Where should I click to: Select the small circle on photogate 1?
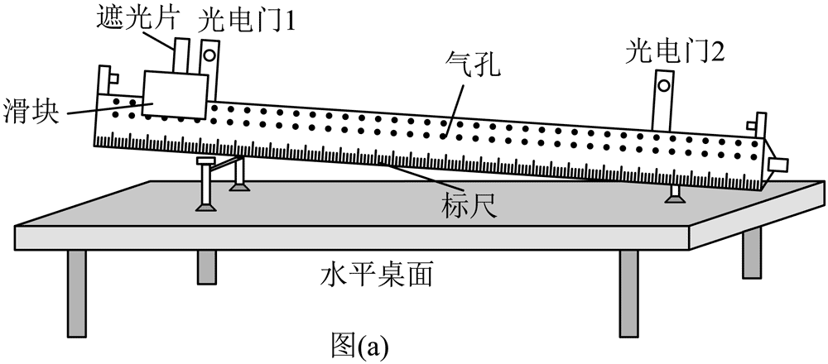[x=209, y=56]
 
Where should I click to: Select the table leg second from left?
[x=207, y=269]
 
